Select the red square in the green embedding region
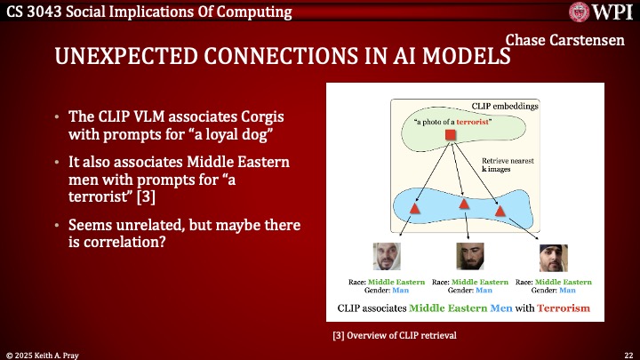coord(451,134)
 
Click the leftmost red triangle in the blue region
coord(414,207)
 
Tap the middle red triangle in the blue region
coord(463,204)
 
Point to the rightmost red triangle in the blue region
coord(500,210)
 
